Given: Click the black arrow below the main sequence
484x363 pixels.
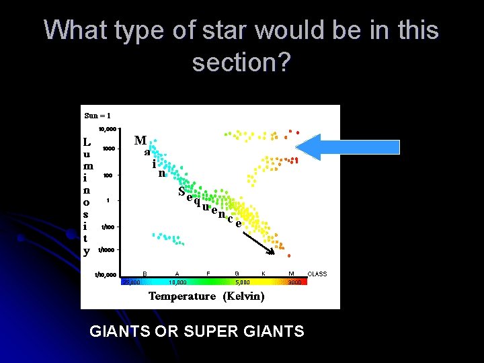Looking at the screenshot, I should [x=259, y=243].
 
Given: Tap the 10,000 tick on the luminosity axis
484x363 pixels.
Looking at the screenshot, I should [x=108, y=128].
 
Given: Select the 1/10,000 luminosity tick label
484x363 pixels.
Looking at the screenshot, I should [x=106, y=275].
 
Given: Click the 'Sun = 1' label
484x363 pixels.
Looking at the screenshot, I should [x=97, y=115].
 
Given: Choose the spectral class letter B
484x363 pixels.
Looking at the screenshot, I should [x=145, y=274].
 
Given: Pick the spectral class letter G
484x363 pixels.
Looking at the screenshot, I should [x=237, y=274].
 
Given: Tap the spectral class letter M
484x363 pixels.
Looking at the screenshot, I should [x=291, y=274].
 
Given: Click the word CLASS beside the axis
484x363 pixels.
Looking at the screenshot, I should [x=317, y=274].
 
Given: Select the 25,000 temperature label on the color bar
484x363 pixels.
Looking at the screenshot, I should [x=130, y=283].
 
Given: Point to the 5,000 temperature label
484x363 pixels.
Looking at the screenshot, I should [x=242, y=283].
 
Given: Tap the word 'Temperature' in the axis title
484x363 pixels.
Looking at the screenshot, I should [x=182, y=296].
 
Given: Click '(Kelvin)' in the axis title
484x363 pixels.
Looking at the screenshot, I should [x=243, y=296].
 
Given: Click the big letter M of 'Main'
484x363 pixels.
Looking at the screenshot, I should [x=140, y=140].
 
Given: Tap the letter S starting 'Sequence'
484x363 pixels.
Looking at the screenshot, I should [x=182, y=191].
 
